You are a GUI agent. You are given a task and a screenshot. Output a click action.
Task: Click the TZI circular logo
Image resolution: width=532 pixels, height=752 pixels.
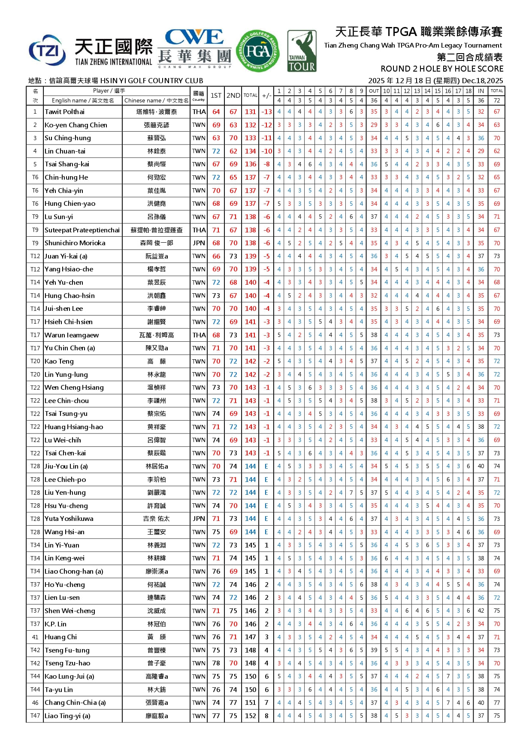click(47, 51)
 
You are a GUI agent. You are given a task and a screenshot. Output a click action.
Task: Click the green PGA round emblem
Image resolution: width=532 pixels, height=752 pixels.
click(258, 51)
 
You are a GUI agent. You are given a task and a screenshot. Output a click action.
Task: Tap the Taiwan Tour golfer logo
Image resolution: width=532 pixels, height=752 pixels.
click(302, 51)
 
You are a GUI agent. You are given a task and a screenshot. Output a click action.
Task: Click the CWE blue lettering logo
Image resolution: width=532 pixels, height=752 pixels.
click(194, 38)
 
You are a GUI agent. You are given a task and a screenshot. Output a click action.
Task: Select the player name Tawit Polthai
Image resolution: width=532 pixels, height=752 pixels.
click(65, 112)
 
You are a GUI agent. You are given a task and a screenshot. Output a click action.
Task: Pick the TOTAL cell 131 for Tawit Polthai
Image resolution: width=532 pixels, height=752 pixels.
click(251, 112)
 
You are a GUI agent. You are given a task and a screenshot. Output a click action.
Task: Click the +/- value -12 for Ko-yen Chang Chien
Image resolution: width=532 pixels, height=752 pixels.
click(266, 125)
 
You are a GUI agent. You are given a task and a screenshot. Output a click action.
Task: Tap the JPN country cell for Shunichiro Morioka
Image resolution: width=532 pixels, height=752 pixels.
click(199, 243)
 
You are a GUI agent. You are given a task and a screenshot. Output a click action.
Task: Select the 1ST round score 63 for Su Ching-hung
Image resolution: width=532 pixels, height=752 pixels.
click(216, 138)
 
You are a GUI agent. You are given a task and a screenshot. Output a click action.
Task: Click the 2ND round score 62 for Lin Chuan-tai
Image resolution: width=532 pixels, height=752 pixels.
click(233, 151)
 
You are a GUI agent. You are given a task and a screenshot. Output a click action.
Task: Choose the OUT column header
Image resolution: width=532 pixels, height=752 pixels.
click(374, 91)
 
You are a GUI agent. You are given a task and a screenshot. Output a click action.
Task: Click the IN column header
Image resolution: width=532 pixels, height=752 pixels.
click(481, 91)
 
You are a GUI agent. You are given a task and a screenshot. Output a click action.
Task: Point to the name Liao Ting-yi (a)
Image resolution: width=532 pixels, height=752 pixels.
click(67, 716)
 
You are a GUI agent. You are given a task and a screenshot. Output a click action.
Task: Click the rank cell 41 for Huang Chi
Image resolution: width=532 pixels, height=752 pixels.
click(35, 637)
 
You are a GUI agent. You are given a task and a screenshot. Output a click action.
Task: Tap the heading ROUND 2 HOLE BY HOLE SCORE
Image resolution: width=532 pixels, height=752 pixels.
click(442, 69)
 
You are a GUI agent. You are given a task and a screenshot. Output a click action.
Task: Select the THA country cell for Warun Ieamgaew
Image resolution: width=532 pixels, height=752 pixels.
click(199, 335)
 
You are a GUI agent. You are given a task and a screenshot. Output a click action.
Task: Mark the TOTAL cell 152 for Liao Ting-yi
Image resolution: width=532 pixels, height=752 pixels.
click(251, 716)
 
